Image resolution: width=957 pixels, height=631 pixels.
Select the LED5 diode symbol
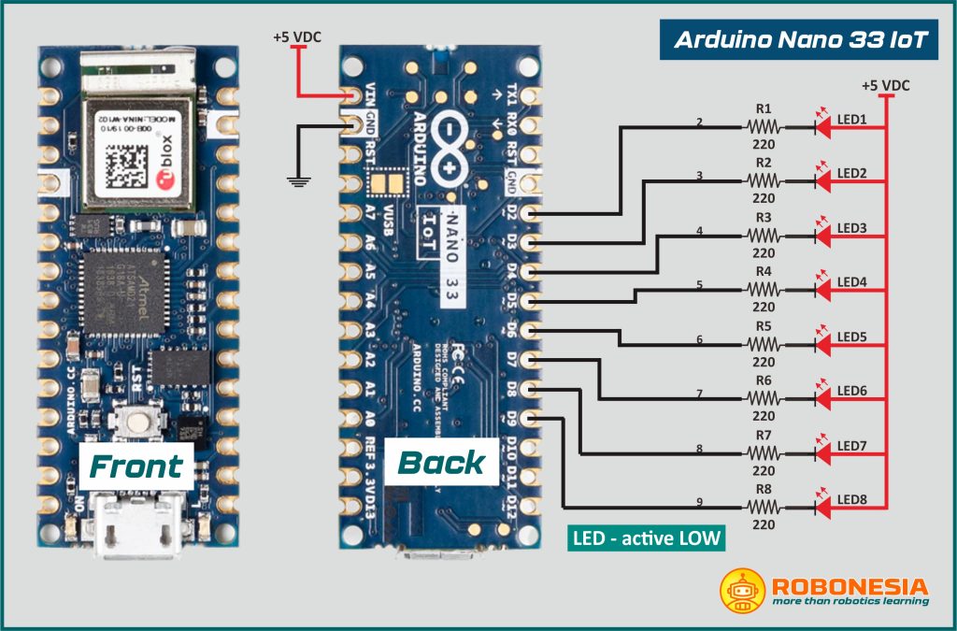[x=821, y=345]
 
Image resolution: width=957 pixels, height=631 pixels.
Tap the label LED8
[x=851, y=500]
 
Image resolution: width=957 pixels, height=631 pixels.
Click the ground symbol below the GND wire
[x=298, y=179]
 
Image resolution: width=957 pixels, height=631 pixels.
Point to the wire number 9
[x=699, y=503]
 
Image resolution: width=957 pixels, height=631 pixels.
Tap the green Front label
[x=136, y=465]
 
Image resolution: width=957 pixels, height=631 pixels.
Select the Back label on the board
[x=441, y=463]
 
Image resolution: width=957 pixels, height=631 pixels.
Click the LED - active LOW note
[x=646, y=539]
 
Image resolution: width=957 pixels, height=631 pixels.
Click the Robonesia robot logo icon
[x=743, y=589]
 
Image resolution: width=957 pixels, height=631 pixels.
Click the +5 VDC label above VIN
[x=296, y=37]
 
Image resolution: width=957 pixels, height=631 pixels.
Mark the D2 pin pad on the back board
[x=532, y=214]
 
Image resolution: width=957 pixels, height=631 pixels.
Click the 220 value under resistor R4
[x=764, y=307]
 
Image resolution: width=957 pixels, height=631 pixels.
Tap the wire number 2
[x=699, y=122]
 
